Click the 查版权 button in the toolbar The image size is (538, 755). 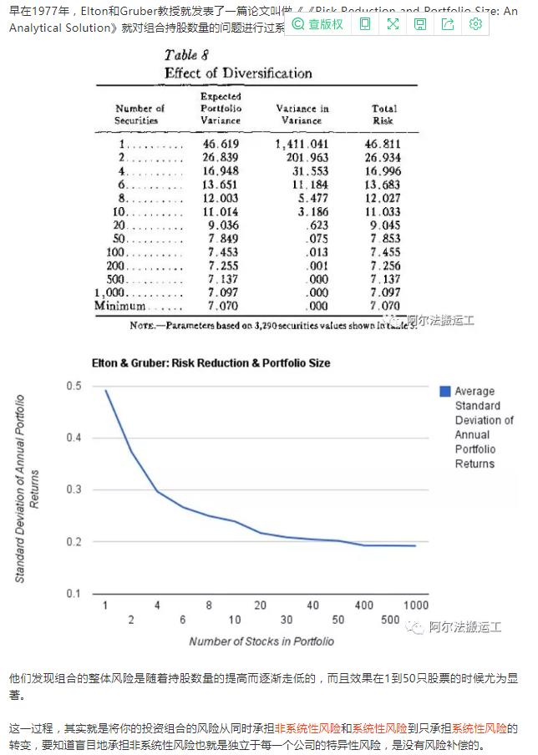coord(318,24)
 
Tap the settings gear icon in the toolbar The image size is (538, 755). coord(475,24)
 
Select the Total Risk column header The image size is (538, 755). coord(383,114)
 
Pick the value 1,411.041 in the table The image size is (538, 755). coord(302,144)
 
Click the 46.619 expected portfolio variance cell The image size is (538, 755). coord(221,144)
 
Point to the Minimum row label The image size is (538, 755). coord(120,306)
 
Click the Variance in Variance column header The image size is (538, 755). coord(302,114)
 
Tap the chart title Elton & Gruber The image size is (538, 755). coord(211,363)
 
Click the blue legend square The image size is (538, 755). coord(445,392)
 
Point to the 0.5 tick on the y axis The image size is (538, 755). coord(74,386)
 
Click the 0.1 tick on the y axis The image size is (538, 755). coord(74,593)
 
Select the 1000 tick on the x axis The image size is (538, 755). coord(415,605)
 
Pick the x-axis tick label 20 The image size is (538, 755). coord(260,605)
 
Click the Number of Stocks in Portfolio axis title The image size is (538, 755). coord(261,641)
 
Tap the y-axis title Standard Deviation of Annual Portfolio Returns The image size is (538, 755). coord(27,489)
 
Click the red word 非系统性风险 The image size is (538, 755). coord(307,728)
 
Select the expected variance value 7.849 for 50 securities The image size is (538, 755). coord(221,239)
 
